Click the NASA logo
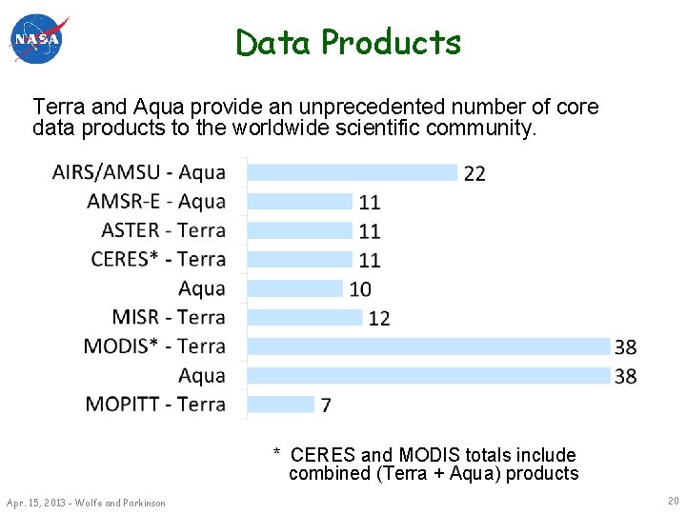[x=39, y=40]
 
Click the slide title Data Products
[x=348, y=43]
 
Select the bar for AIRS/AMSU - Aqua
[x=353, y=172]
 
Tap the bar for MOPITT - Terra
[x=281, y=404]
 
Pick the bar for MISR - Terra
[x=305, y=317]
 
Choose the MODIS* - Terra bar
[x=429, y=346]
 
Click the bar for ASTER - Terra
[x=300, y=230]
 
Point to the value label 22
[x=474, y=173]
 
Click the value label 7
[x=326, y=405]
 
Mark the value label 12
[x=378, y=318]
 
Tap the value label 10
[x=360, y=289]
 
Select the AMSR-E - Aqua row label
[x=156, y=202]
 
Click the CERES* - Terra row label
[x=158, y=259]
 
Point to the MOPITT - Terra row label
[x=155, y=404]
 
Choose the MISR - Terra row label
[x=169, y=317]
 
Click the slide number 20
[x=674, y=501]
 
